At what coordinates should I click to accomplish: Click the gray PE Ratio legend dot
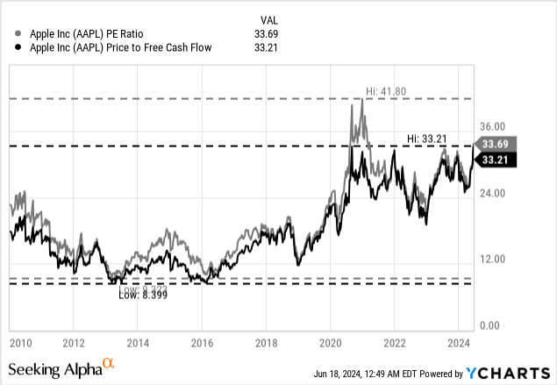[x=10, y=34]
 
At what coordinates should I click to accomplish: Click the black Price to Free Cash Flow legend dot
[x=10, y=48]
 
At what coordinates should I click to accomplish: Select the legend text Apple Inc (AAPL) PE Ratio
[x=78, y=34]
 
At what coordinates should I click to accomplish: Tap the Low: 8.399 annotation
[x=143, y=296]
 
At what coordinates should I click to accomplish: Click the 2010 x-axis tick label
[x=20, y=342]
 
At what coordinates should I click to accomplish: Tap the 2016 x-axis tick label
[x=203, y=342]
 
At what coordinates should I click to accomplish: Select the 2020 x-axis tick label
[x=331, y=342]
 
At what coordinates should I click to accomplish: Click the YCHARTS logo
[x=514, y=371]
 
